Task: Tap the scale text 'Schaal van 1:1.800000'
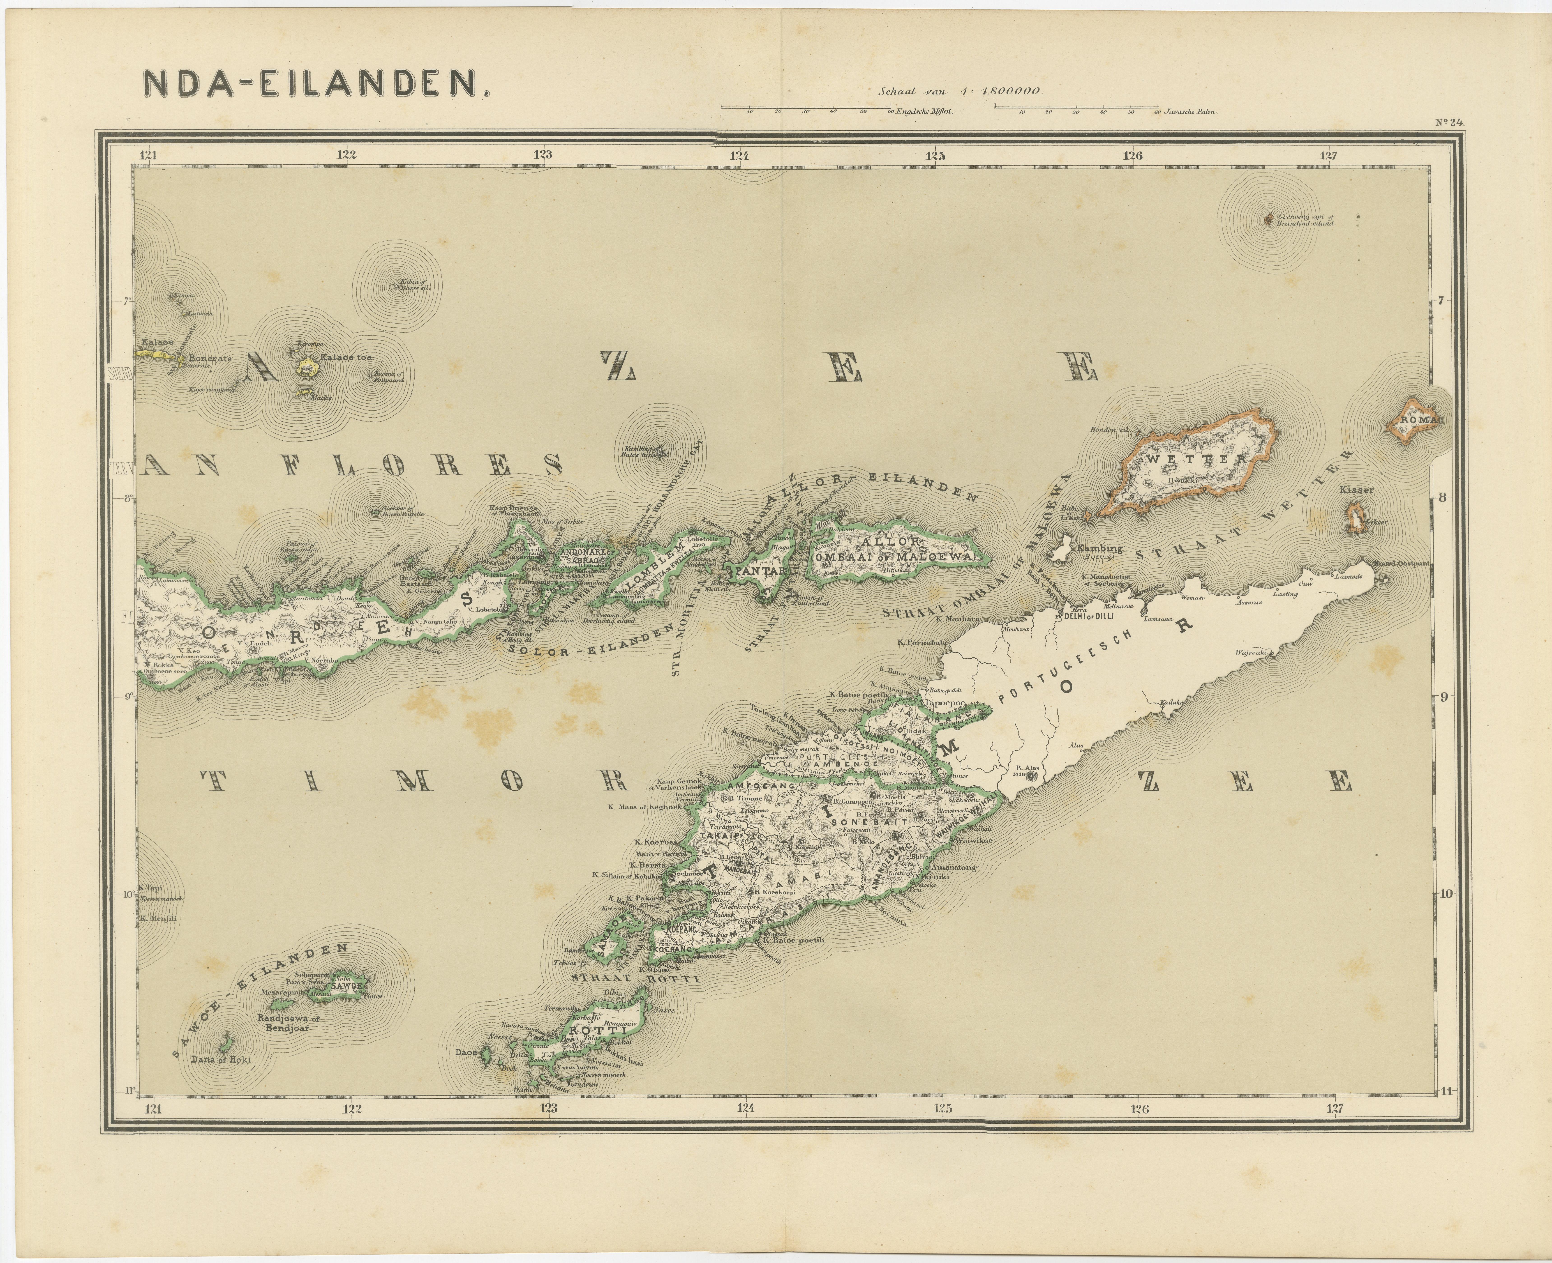tap(961, 92)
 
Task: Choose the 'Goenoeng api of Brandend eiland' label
tap(1306, 220)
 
